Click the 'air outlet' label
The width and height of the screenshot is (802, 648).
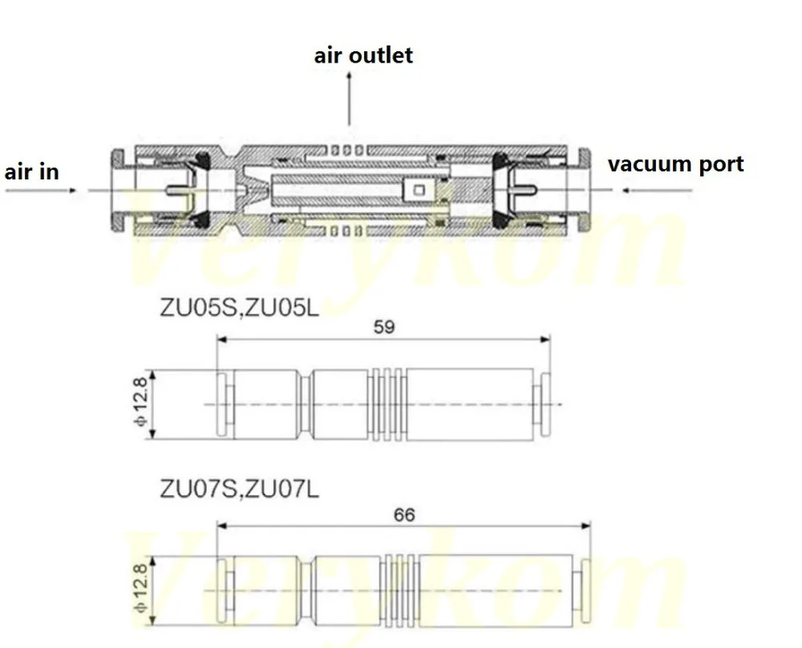tap(363, 55)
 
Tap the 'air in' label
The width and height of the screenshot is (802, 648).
tap(32, 171)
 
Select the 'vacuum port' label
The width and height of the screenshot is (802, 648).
tap(675, 164)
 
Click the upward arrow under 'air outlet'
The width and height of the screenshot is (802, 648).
tap(350, 98)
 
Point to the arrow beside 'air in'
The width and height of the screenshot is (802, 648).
tap(41, 191)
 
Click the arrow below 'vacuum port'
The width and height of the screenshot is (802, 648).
tap(658, 191)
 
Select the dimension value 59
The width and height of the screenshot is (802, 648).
tap(384, 327)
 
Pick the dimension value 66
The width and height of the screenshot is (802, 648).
tap(404, 514)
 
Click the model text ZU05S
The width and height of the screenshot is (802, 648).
tap(199, 308)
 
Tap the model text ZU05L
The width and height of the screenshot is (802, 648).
tap(281, 308)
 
